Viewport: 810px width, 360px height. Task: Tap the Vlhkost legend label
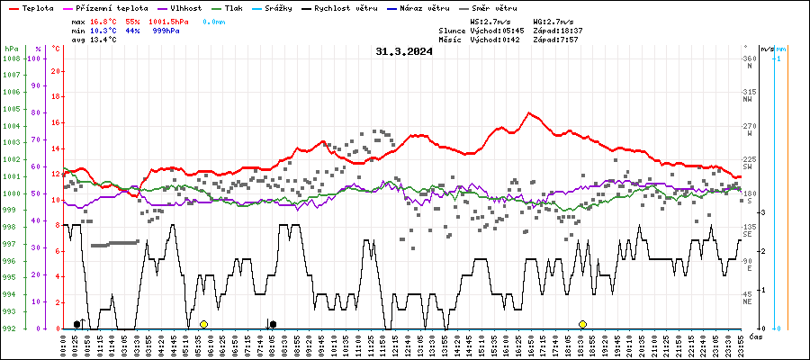[185, 7]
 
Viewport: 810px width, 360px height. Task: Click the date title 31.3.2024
[404, 51]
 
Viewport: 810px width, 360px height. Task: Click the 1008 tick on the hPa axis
[11, 58]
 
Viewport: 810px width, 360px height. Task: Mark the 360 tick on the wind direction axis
[748, 58]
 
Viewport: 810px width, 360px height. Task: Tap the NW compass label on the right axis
[747, 100]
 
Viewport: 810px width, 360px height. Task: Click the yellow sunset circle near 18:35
[582, 324]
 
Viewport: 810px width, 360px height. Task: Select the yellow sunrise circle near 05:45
[203, 324]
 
